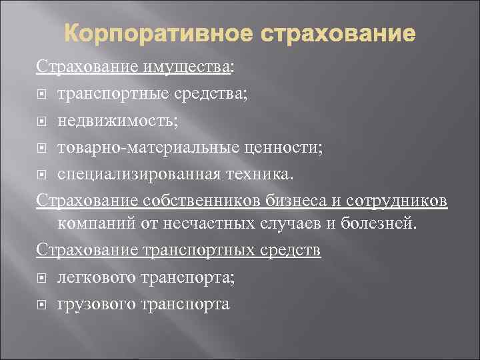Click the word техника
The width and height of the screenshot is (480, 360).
(263, 175)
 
